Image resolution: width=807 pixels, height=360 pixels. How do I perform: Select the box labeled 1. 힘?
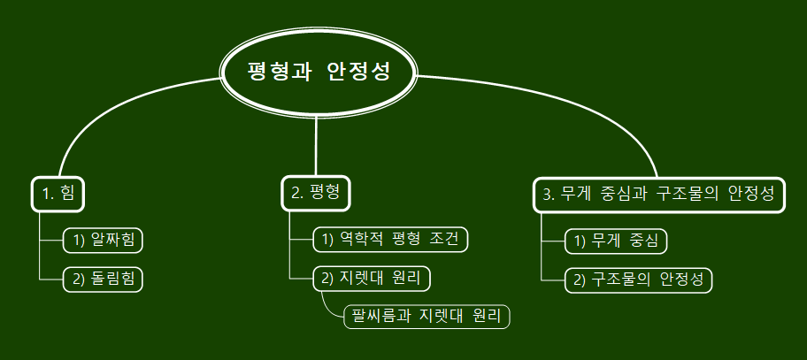coord(58,194)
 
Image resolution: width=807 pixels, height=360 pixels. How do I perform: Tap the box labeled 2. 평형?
coord(316,194)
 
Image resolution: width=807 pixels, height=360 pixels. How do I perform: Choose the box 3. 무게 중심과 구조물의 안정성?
coord(659,195)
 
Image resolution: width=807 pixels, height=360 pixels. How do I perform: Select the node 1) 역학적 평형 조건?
coord(390,239)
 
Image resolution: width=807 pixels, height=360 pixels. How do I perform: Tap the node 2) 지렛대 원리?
coord(373,279)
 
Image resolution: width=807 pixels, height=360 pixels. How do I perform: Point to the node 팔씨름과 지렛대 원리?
coord(427,315)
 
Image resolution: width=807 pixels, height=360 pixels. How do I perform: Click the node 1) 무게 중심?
coord(616,241)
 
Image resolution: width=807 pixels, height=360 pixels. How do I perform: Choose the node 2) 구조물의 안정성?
coord(639,280)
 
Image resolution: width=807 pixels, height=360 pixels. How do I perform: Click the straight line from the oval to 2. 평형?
coord(317,142)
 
